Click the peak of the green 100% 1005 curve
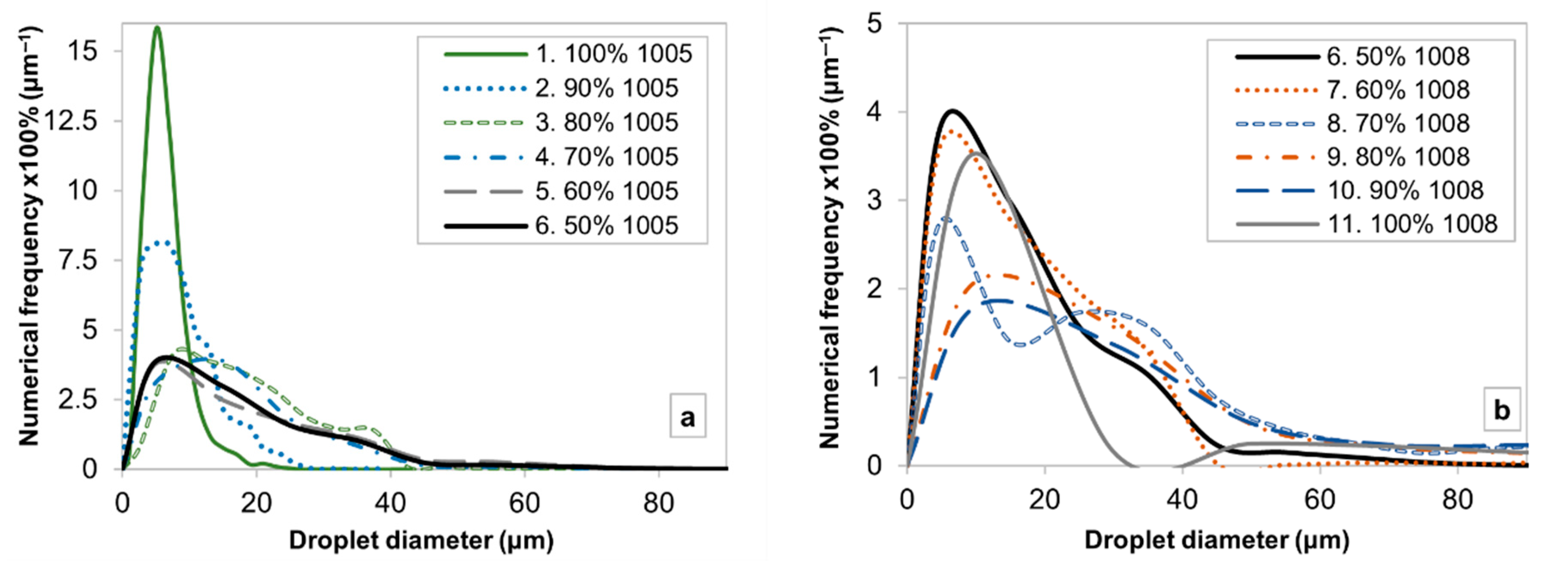pyautogui.click(x=157, y=27)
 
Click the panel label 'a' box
pyautogui.click(x=688, y=416)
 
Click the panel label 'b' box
pyautogui.click(x=1502, y=411)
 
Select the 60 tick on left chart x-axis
pyautogui.click(x=525, y=503)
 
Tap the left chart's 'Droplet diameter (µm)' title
pyautogui.click(x=421, y=541)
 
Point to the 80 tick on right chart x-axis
pyautogui.click(x=1457, y=499)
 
